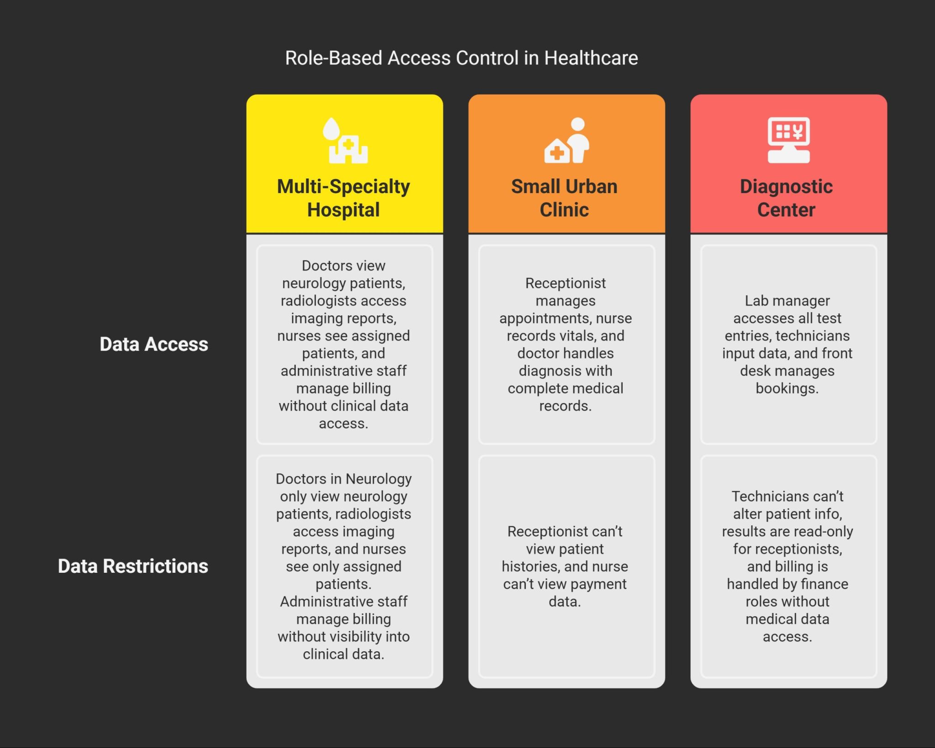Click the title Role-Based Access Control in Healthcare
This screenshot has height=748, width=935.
(461, 58)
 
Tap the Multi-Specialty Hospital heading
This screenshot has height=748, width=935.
(343, 198)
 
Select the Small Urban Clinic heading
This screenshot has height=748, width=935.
(564, 198)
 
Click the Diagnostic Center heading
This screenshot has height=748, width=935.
(786, 198)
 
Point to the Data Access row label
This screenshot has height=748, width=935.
(154, 345)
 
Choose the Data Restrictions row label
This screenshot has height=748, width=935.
(133, 566)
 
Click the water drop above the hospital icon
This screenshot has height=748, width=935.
(331, 129)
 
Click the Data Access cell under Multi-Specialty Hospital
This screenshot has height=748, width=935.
(344, 345)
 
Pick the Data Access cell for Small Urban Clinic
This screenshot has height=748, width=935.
(566, 345)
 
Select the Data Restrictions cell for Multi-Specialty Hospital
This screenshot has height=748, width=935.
(344, 566)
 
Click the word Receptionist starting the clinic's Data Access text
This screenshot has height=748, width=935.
(565, 283)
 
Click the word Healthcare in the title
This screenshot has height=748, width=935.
(591, 58)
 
